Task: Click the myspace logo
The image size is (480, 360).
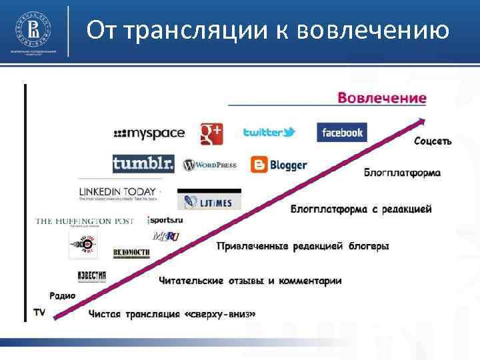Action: click(x=149, y=133)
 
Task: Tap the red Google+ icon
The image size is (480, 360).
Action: click(x=211, y=133)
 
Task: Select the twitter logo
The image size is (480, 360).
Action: click(x=269, y=132)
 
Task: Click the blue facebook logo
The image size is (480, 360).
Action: click(x=341, y=132)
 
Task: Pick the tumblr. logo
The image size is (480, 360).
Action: click(x=143, y=163)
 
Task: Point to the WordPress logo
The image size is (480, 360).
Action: click(x=209, y=165)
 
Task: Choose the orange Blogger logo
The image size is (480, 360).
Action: click(x=279, y=164)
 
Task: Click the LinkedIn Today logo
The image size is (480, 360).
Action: click(x=118, y=193)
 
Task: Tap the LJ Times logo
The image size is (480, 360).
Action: click(x=209, y=201)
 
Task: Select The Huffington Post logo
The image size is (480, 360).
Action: click(x=85, y=221)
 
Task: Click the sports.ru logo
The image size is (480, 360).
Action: click(x=165, y=220)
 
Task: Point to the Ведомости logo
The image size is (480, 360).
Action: click(x=131, y=253)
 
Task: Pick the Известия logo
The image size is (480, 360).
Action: click(x=91, y=276)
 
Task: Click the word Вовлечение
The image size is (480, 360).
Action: click(x=382, y=98)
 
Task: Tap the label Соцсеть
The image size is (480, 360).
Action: click(x=433, y=141)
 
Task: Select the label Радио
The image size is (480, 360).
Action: click(x=62, y=296)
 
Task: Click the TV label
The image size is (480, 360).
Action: click(x=39, y=312)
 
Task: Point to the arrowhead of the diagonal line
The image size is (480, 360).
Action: click(x=420, y=121)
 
